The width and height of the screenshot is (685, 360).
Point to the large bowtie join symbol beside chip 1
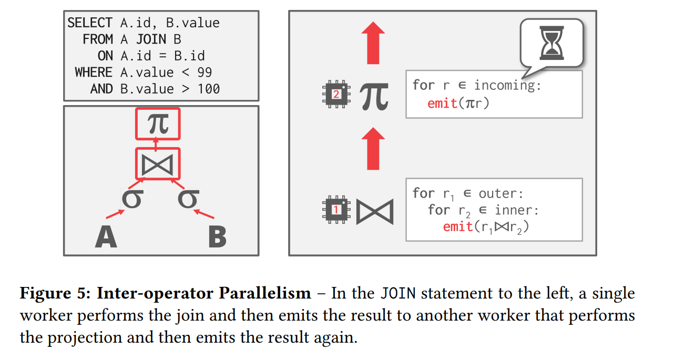(x=375, y=211)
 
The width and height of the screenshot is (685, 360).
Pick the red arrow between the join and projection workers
(x=373, y=149)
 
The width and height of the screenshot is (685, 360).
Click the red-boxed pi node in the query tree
(x=158, y=124)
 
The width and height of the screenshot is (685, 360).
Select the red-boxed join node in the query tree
(x=158, y=163)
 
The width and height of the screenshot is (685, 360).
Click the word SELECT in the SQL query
(x=90, y=23)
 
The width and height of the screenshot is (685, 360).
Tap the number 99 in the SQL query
(x=205, y=72)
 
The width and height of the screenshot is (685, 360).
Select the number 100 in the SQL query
(x=208, y=89)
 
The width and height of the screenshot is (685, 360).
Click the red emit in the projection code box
(x=442, y=103)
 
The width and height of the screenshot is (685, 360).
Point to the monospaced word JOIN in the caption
(x=398, y=293)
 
